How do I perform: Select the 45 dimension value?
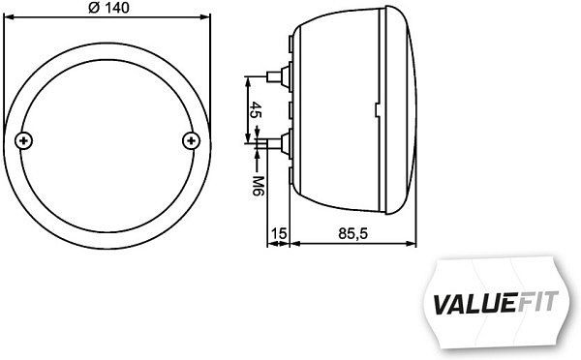pos(255,108)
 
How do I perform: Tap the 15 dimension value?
pos(279,233)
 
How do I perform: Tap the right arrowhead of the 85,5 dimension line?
pos(416,244)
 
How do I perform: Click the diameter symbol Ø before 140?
pos(92,9)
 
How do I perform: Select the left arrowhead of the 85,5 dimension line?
pos(295,244)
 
